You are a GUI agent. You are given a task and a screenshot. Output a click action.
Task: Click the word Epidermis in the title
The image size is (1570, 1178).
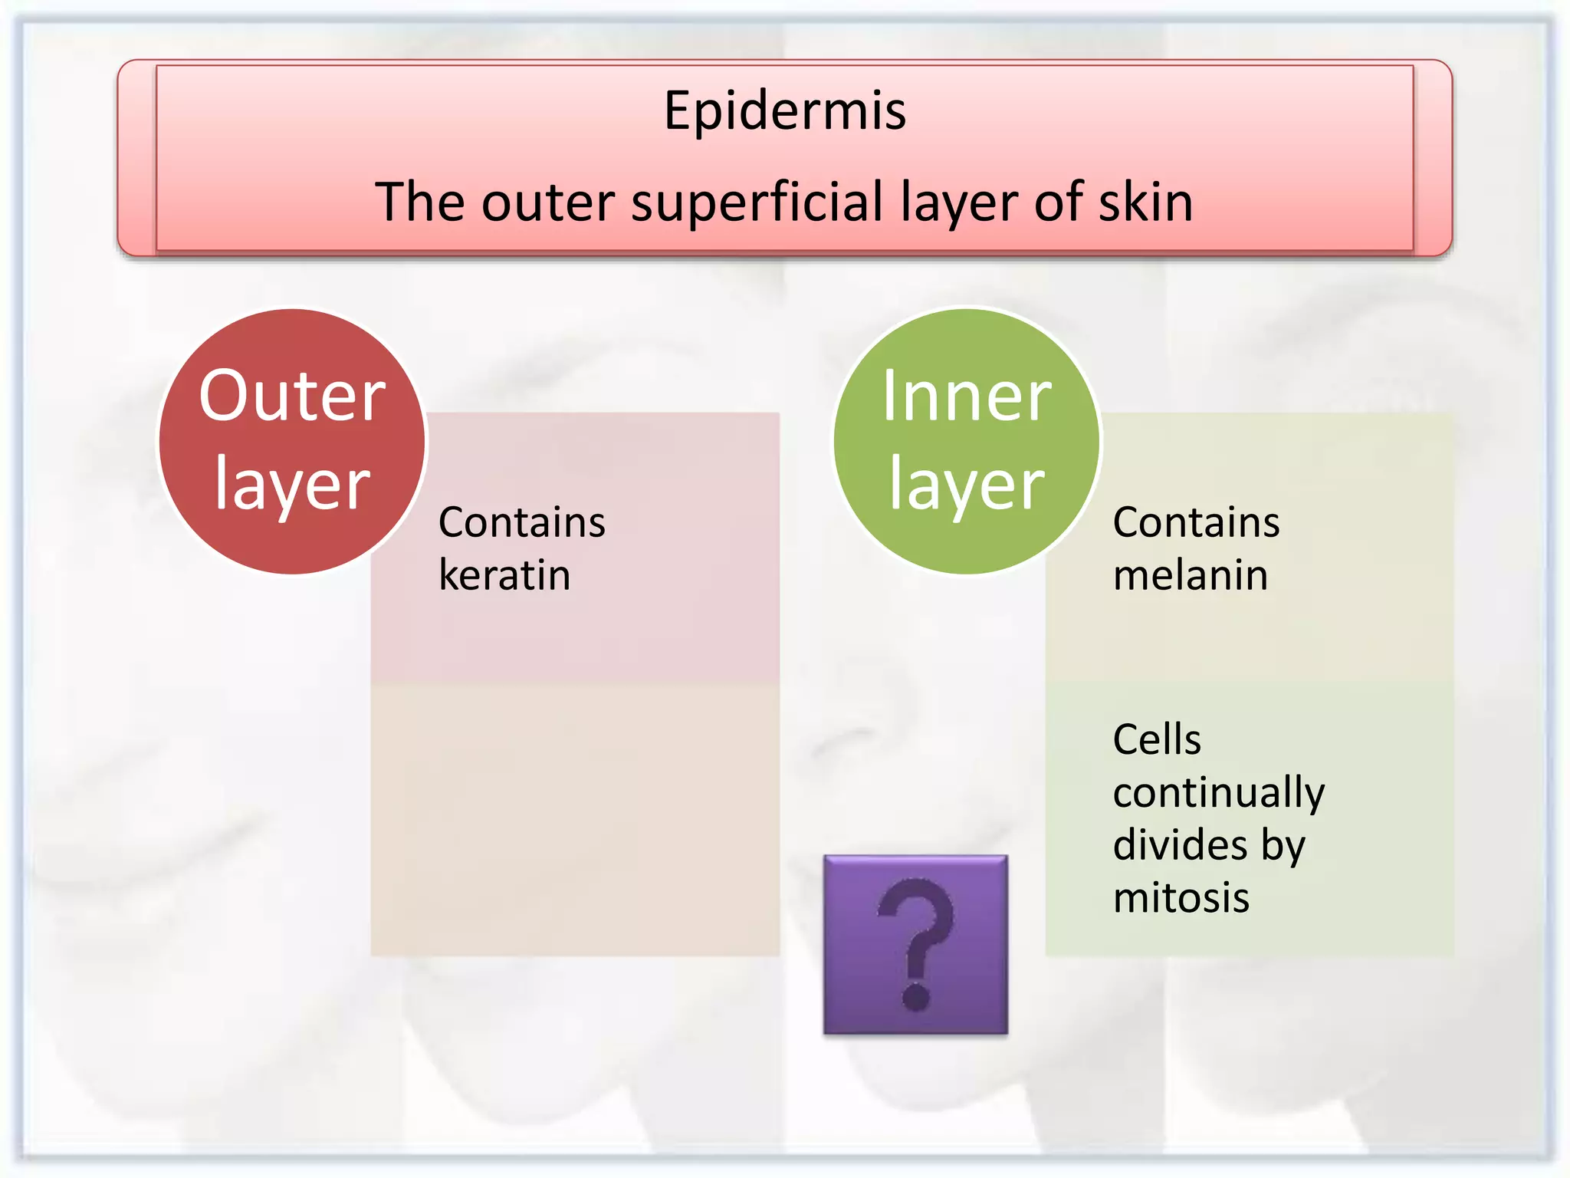point(784,110)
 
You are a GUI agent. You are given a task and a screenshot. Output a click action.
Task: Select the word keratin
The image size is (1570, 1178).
point(504,575)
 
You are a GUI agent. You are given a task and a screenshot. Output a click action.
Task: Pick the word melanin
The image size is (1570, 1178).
point(1190,575)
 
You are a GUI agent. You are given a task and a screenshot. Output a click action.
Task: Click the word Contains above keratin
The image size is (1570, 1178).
point(521,522)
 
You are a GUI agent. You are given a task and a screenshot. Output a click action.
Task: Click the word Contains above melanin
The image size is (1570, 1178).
point(1196,522)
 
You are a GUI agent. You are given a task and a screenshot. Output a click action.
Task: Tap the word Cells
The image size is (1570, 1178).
point(1156,740)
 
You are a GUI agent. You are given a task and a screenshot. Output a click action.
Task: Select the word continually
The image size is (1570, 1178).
point(1218,793)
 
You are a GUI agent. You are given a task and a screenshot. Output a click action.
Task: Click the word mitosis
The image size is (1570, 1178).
point(1181,898)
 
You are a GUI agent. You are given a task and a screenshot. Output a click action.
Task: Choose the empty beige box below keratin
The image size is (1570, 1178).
point(575,821)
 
